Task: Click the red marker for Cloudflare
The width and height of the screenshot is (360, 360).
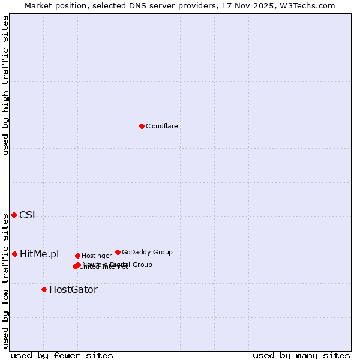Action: [x=142, y=126]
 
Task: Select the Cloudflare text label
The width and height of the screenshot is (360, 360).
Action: [x=161, y=126]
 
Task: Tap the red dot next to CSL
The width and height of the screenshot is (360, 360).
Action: [x=14, y=215]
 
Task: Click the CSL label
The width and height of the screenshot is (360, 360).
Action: [x=28, y=215]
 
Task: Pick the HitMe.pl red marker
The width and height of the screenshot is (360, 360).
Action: [x=14, y=254]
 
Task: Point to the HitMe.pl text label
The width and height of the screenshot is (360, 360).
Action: [x=39, y=254]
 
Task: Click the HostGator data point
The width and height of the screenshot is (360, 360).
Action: [x=44, y=289]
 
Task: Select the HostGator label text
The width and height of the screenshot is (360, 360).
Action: [x=73, y=290]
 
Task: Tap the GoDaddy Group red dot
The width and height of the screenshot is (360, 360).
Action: [x=118, y=252]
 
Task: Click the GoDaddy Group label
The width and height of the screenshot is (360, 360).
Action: [x=147, y=252]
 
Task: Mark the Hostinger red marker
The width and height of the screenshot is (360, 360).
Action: [x=77, y=256]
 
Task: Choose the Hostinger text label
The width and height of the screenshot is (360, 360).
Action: [x=97, y=256]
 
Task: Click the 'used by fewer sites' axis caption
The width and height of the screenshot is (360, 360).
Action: [x=62, y=355]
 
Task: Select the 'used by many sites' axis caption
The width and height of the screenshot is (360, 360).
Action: [x=301, y=355]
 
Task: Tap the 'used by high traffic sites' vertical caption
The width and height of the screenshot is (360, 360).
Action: [x=5, y=85]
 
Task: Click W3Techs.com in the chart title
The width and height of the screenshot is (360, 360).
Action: [x=309, y=5]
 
